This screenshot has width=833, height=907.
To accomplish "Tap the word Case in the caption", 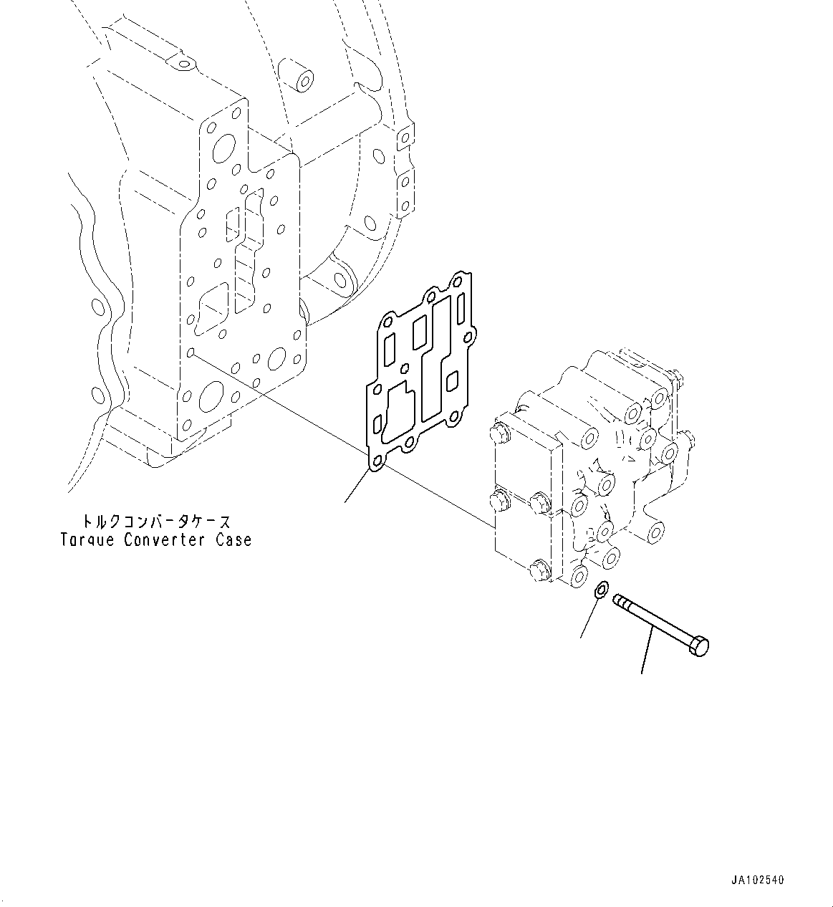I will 233,539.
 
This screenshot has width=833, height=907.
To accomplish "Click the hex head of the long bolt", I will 700,646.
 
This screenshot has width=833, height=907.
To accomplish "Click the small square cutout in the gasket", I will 452,380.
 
